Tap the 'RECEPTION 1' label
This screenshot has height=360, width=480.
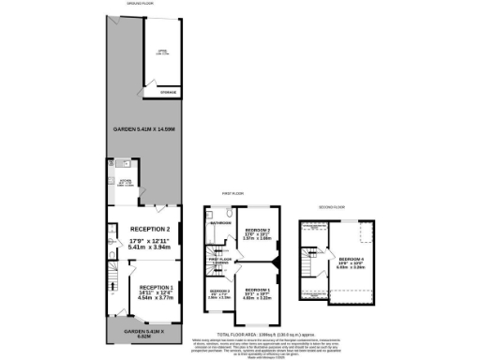click(156, 287)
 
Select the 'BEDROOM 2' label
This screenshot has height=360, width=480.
click(258, 230)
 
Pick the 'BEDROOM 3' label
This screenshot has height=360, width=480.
click(220, 292)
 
